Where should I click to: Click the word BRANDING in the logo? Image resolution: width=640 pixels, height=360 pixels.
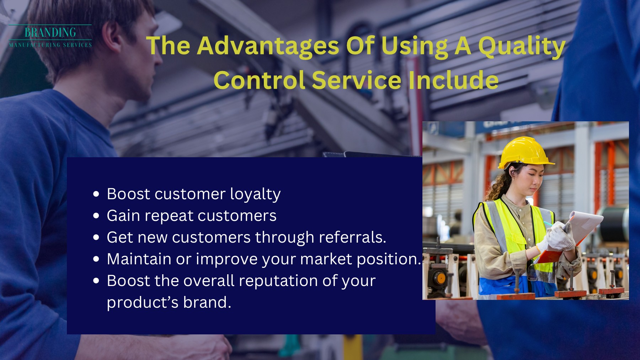pyautogui.click(x=50, y=33)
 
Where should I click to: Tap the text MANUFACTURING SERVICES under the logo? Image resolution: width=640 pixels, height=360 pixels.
pyautogui.click(x=50, y=45)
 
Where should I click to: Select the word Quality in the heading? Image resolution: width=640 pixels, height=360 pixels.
pyautogui.click(x=521, y=46)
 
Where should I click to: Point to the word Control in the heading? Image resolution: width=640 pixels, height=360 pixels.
pyautogui.click(x=259, y=80)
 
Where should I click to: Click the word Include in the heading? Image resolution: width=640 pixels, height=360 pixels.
pyautogui.click(x=453, y=80)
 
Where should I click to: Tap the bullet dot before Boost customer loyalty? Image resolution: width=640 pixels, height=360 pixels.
pyautogui.click(x=96, y=194)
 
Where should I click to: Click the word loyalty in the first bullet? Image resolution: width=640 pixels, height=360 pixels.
pyautogui.click(x=255, y=194)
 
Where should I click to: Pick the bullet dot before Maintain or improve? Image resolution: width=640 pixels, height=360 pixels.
pyautogui.click(x=96, y=259)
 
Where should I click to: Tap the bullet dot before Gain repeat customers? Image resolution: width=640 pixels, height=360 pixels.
pyautogui.click(x=96, y=216)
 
